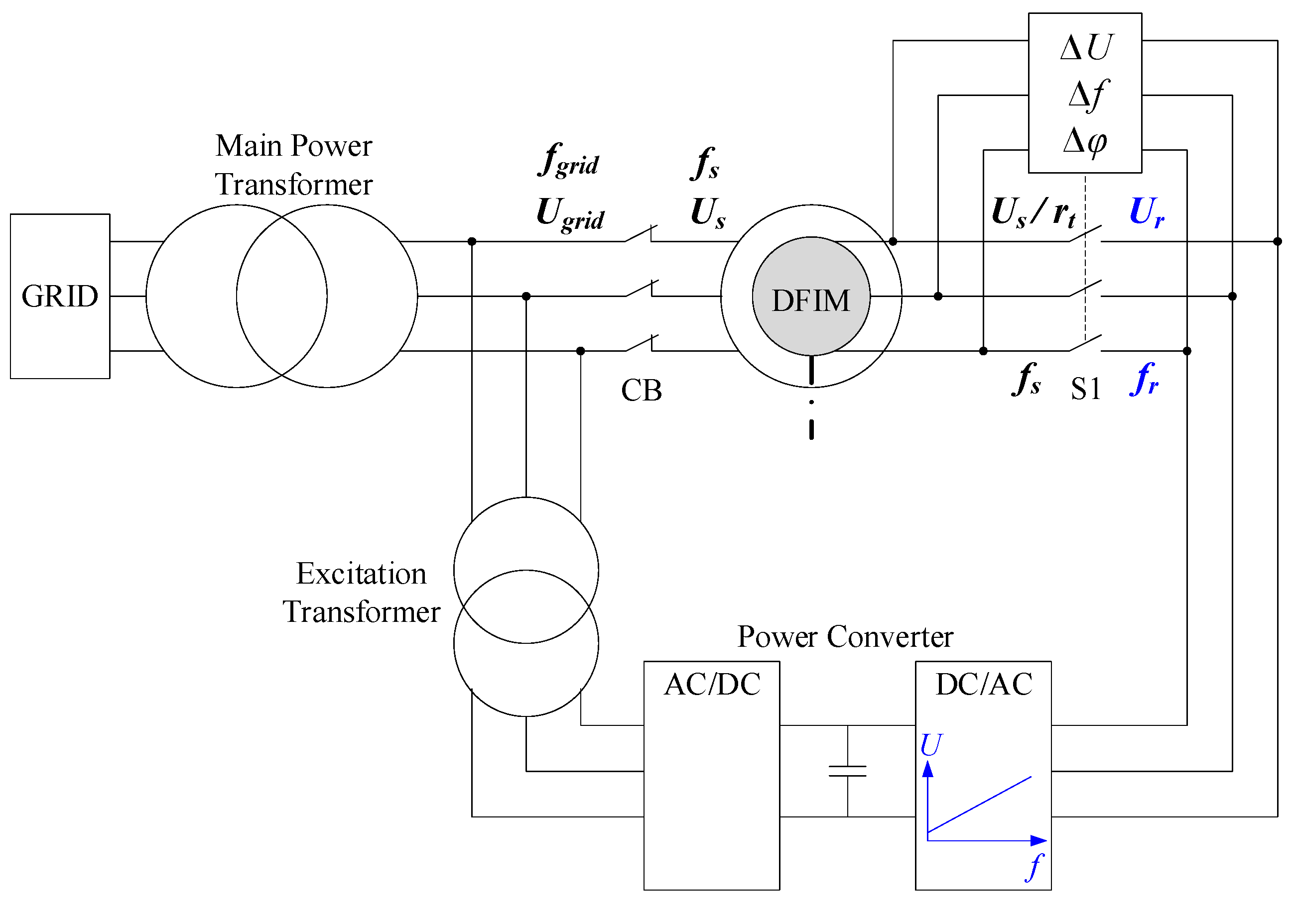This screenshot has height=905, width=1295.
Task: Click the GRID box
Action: click(60, 296)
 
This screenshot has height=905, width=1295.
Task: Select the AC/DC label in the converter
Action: click(712, 685)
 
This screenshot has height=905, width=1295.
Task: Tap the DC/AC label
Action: click(984, 685)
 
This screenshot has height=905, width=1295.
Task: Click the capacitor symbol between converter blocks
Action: click(847, 771)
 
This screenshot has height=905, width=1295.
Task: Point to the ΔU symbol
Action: click(1085, 47)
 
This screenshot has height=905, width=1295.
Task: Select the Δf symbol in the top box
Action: click(1087, 94)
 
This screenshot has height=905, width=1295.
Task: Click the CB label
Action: click(642, 390)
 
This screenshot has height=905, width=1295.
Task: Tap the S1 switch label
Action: click(1086, 389)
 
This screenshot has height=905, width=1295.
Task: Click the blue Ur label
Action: click(1147, 212)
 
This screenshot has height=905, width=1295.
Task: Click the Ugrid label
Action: click(570, 214)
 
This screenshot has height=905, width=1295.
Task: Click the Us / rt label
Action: click(1034, 213)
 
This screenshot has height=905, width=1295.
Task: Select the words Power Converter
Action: click(845, 637)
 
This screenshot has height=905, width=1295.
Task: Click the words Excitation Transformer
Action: click(361, 593)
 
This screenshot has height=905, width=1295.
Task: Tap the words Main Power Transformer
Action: click(293, 165)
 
